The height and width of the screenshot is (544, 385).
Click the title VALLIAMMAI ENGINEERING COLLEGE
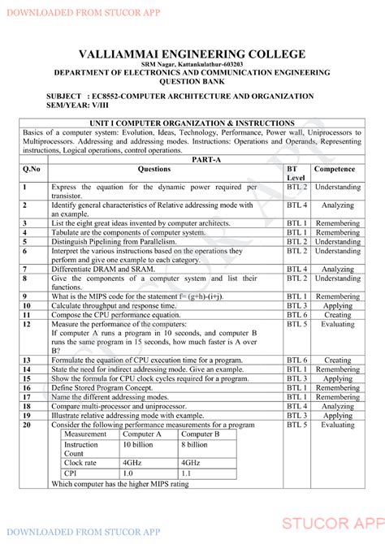pyautogui.click(x=192, y=54)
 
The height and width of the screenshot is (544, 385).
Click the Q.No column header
pyautogui.click(x=32, y=170)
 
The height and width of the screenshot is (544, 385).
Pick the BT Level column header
pyautogui.click(x=296, y=173)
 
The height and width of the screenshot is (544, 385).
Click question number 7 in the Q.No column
pyautogui.click(x=26, y=269)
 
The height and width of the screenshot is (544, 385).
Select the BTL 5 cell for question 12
pyautogui.click(x=296, y=324)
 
